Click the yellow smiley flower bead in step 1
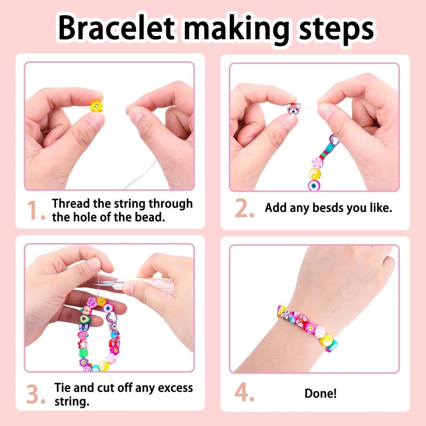(96, 106)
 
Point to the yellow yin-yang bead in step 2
(315, 174)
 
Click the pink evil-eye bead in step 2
(314, 185)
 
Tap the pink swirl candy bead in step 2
(318, 163)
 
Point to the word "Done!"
(320, 393)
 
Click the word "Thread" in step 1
(71, 203)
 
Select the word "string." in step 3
(72, 401)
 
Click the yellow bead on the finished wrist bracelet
(326, 341)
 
